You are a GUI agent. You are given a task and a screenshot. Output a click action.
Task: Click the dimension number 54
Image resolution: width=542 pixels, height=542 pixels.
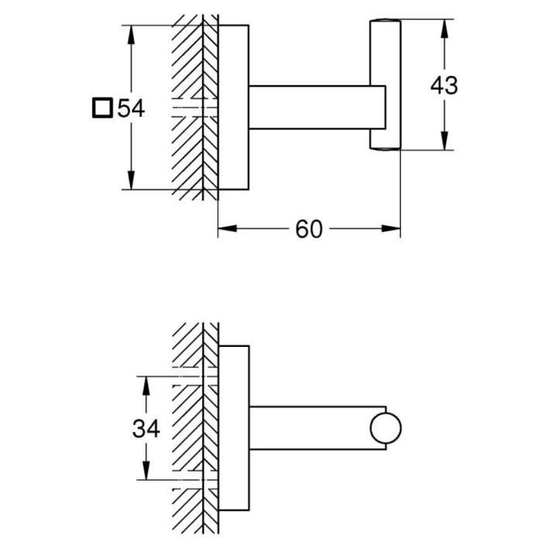click(131, 108)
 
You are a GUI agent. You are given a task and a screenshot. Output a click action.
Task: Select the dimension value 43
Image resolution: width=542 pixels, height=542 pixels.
click(444, 85)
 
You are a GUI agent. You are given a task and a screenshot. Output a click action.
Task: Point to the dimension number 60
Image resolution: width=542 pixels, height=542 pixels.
click(308, 229)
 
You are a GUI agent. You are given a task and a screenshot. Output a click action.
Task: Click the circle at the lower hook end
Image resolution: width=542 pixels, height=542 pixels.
click(386, 428)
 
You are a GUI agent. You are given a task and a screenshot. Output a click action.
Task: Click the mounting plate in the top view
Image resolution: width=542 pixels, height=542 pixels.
click(233, 107)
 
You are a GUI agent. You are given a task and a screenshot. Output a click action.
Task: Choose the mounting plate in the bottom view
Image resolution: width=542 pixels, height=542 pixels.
click(233, 428)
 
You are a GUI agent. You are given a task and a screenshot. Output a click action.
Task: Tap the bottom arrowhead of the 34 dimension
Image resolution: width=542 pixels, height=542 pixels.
click(143, 474)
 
